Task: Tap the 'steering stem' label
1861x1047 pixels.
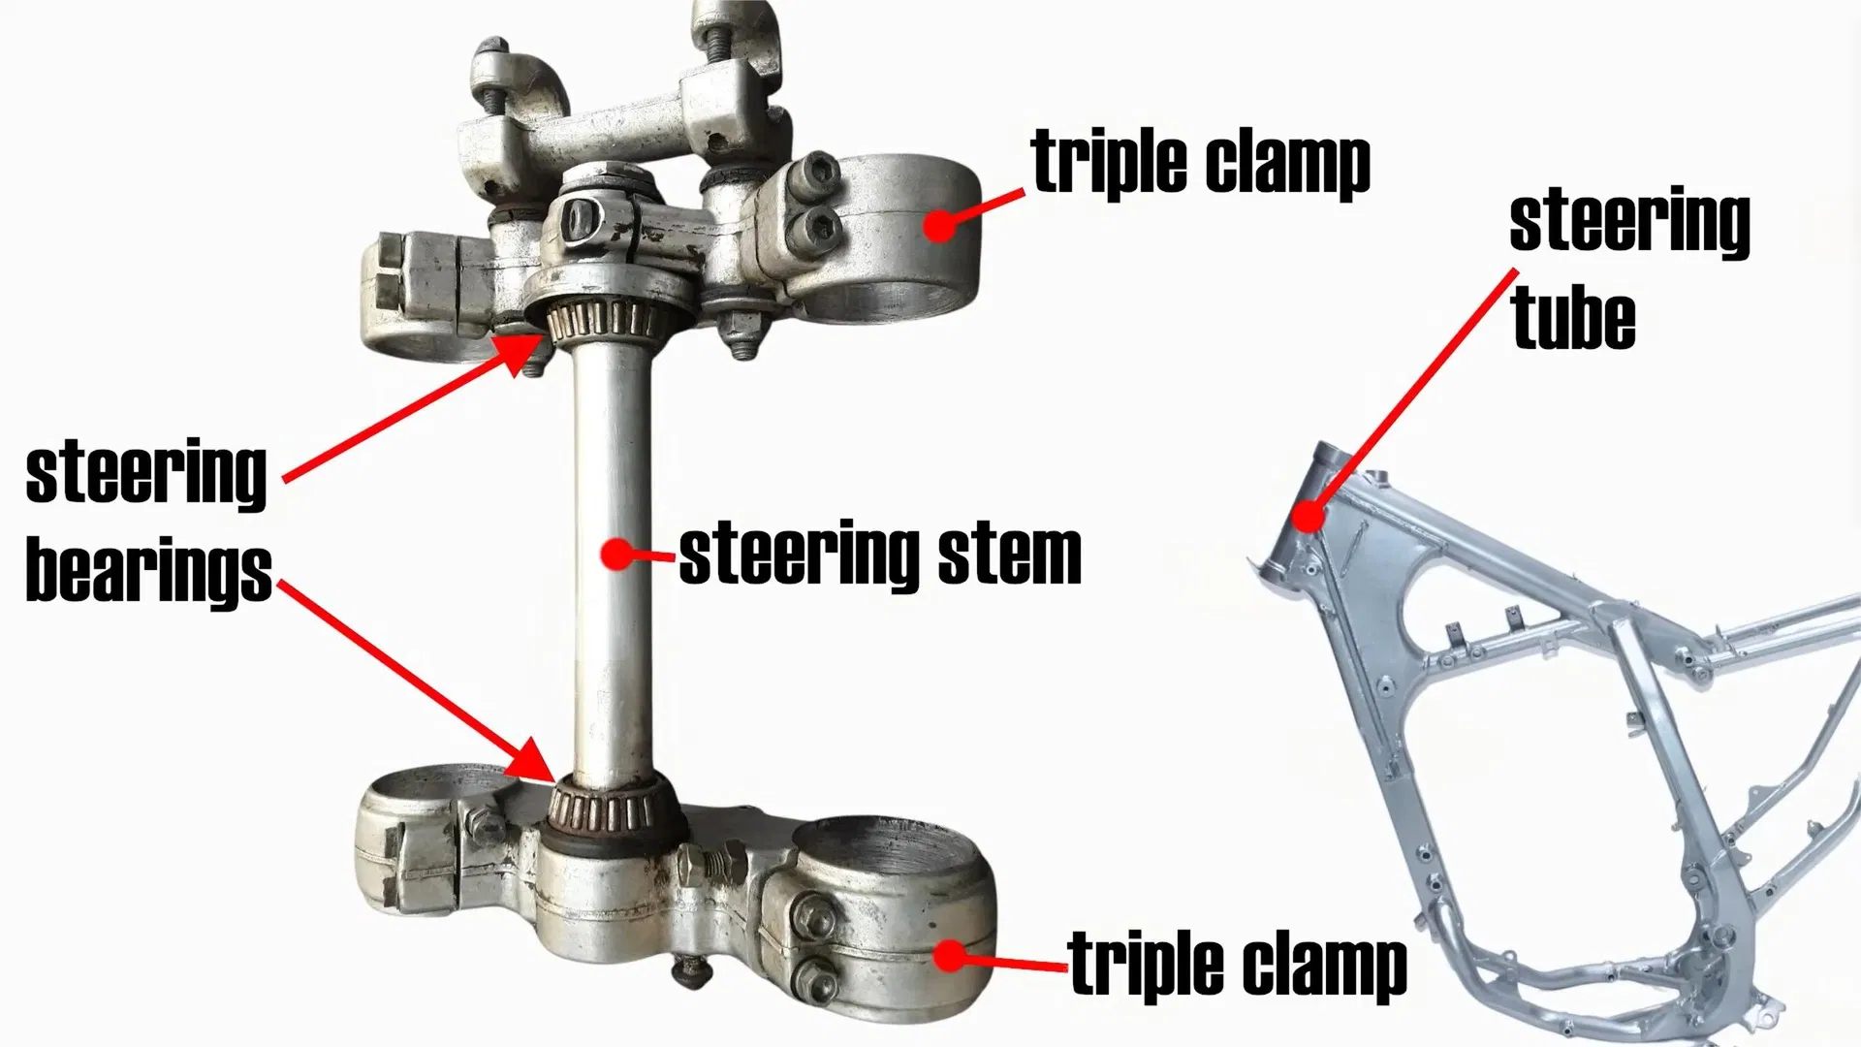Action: click(880, 554)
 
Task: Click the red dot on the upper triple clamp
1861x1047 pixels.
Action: click(939, 225)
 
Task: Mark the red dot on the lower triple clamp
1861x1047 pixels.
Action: click(952, 956)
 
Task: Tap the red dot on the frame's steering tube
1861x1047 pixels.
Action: click(1309, 516)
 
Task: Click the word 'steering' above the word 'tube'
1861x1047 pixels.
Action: click(1629, 222)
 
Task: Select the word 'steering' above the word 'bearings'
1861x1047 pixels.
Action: click(145, 474)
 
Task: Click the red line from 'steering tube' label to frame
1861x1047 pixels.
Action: click(1413, 393)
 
